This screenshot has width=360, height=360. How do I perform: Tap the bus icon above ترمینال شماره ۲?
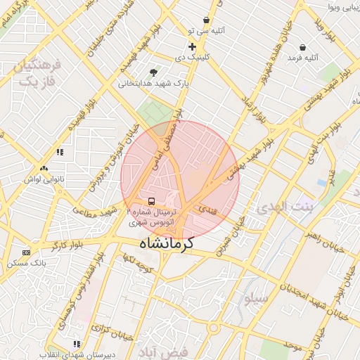(x=153, y=202)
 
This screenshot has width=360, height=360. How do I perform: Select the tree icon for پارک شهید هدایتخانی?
(x=153, y=72)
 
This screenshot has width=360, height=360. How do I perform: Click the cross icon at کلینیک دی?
(x=191, y=46)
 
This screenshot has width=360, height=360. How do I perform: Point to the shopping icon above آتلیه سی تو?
(x=205, y=20)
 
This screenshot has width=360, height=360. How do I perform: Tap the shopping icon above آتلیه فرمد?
(x=302, y=47)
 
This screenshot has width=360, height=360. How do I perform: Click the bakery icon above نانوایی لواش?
(x=44, y=169)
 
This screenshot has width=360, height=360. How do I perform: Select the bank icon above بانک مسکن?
(x=27, y=252)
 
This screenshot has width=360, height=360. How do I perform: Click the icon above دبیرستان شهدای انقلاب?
(x=76, y=344)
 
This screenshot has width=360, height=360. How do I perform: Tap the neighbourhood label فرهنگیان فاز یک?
(x=37, y=73)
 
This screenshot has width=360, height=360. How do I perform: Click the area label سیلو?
(x=256, y=298)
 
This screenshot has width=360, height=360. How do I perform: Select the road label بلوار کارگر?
(x=66, y=245)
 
